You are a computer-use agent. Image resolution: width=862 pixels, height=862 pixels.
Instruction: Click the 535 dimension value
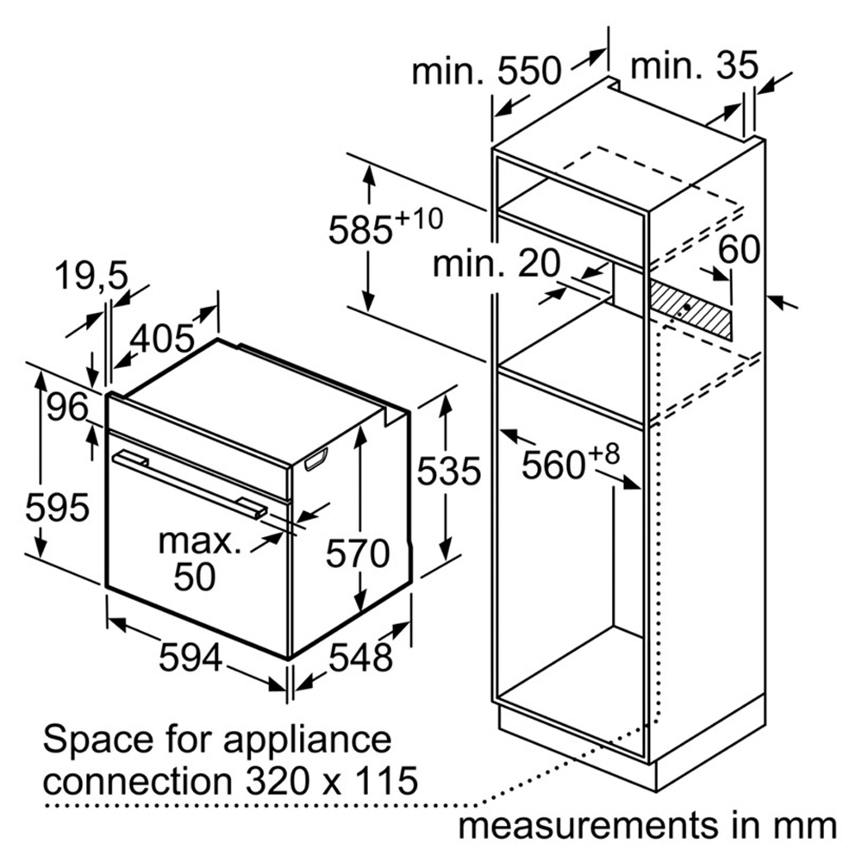point(447,471)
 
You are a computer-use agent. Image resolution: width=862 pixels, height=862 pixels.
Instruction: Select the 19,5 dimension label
point(91,276)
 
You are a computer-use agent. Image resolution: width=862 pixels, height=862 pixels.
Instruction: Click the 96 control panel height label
point(68,406)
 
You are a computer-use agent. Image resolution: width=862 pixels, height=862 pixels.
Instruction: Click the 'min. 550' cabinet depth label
point(486,71)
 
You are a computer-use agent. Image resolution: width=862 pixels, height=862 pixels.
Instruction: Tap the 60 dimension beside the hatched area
point(740,249)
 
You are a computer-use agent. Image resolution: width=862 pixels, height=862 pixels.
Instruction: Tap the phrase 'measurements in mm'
point(646,825)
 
